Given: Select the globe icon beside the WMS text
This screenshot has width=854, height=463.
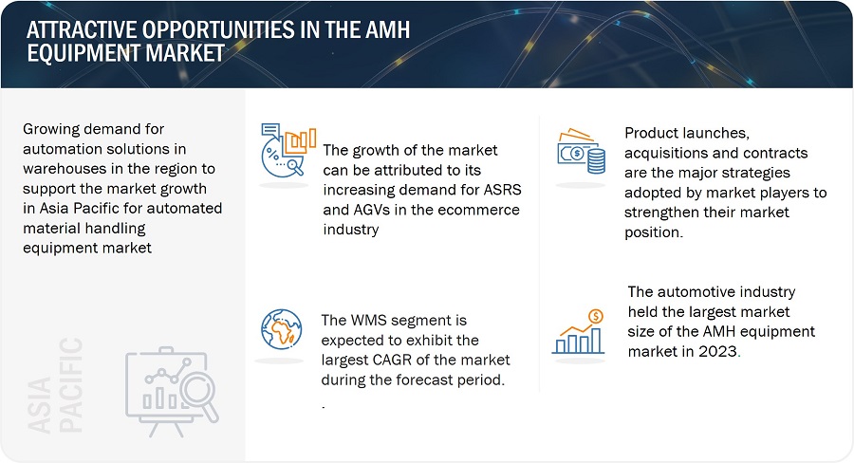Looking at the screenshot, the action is click(x=281, y=329).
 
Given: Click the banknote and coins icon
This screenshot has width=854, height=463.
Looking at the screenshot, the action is click(x=581, y=151).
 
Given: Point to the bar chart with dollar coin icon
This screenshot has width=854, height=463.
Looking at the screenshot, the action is click(x=579, y=331).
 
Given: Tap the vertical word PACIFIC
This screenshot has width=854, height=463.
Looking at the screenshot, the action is click(x=71, y=385).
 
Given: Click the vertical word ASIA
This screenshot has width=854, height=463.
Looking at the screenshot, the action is click(x=39, y=405).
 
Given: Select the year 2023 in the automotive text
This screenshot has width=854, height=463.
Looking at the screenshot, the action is click(x=718, y=351).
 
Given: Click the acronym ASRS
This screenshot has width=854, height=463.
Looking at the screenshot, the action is click(x=503, y=190).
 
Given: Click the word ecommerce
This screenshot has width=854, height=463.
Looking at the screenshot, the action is click(x=479, y=210).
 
